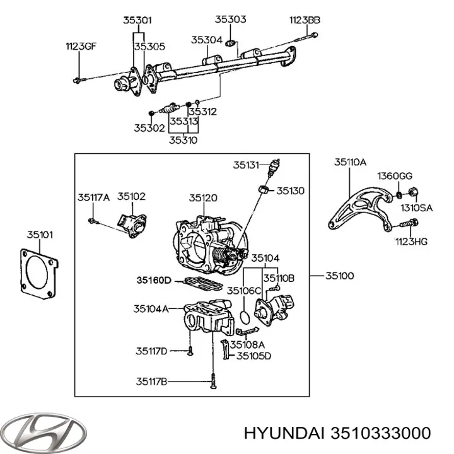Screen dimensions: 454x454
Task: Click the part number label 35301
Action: tap(137, 20)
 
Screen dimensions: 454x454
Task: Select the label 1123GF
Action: tap(81, 45)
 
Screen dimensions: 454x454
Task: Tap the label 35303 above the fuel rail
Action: tap(230, 20)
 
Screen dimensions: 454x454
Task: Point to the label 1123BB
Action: tap(305, 20)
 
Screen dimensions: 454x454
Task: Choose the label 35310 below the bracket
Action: tap(183, 140)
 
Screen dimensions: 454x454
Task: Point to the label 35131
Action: tap(246, 165)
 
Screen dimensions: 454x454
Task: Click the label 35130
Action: tap(290, 190)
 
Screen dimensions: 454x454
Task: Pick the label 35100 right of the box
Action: tap(339, 276)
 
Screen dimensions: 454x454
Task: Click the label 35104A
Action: tap(151, 309)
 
